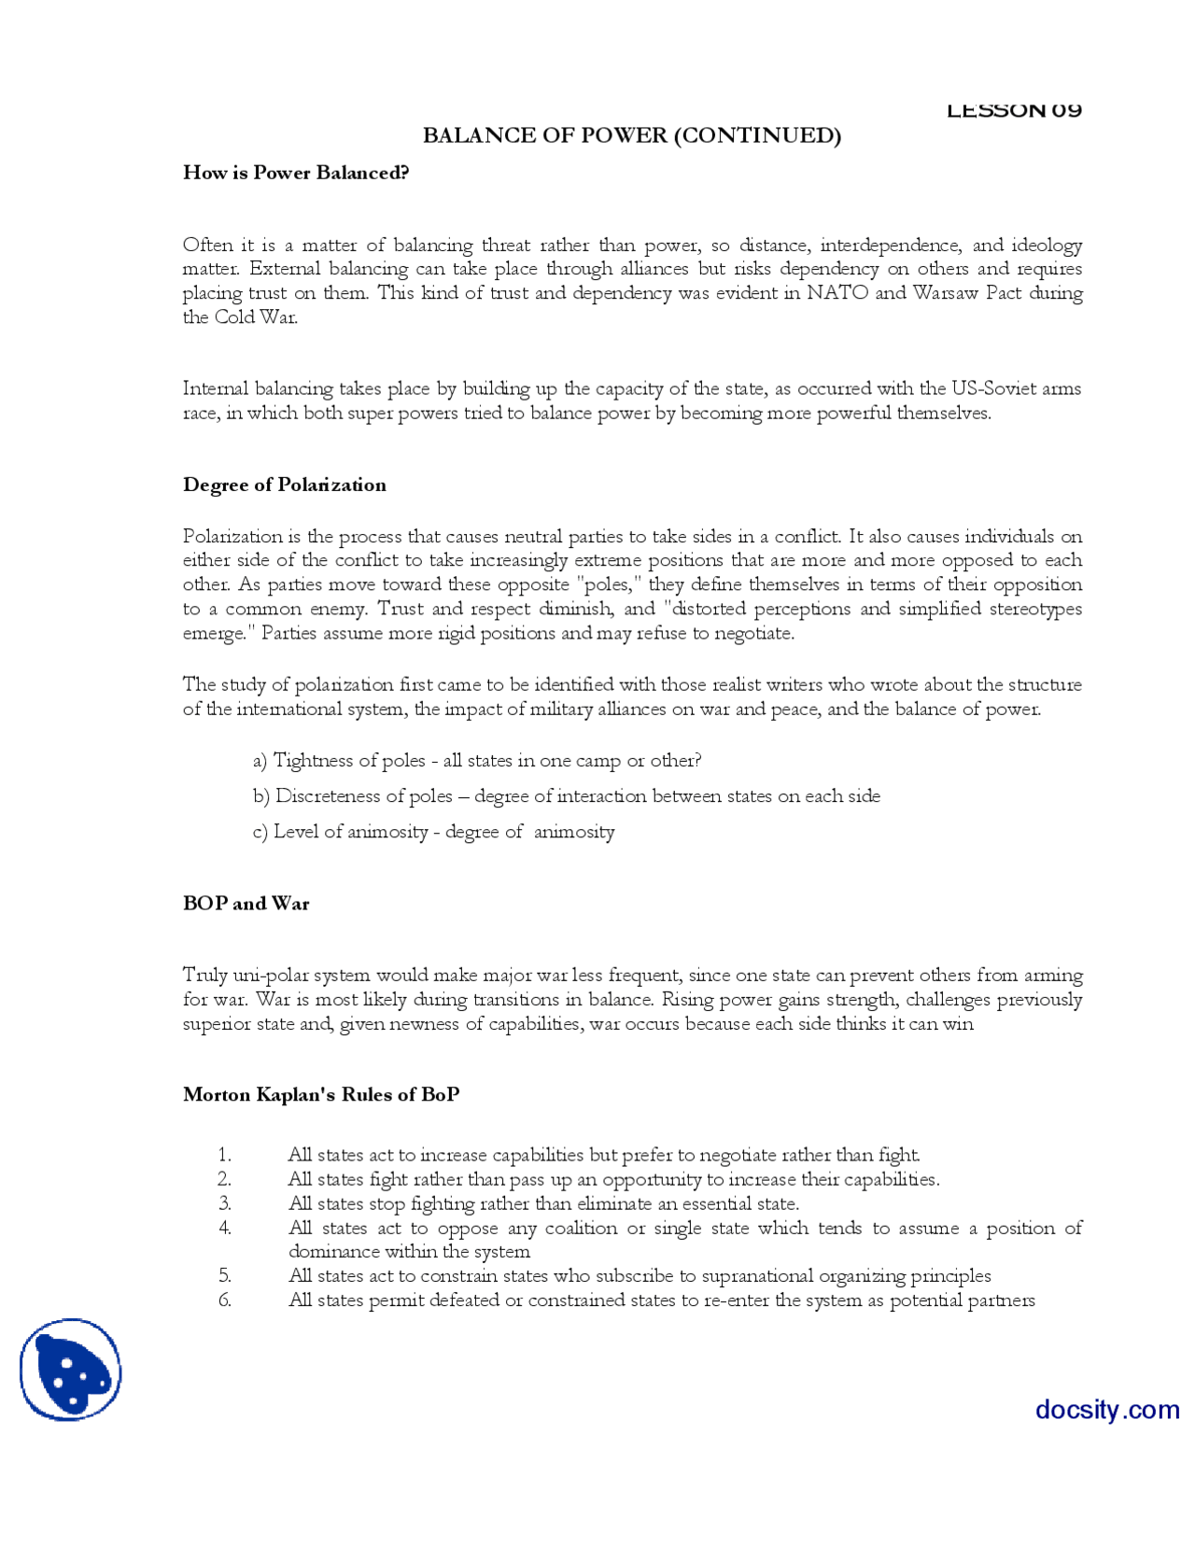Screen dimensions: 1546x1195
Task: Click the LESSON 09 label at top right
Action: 1013,110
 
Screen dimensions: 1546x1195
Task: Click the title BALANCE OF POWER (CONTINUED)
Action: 631,135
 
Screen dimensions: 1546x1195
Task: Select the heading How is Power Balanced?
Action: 296,173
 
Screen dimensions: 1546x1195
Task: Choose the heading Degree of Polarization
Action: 284,485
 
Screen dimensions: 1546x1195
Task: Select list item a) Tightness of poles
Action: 476,760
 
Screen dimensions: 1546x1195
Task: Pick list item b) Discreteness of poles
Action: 566,795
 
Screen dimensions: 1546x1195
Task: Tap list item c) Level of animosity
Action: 433,831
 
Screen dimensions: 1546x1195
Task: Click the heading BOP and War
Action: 246,903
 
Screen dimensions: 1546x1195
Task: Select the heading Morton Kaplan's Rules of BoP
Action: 321,1094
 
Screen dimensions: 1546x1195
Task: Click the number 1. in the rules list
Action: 224,1155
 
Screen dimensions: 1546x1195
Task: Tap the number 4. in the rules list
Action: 224,1228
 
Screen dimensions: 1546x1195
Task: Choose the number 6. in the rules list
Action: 224,1300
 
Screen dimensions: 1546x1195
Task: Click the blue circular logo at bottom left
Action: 71,1370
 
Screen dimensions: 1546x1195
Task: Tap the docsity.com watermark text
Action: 1106,1409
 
